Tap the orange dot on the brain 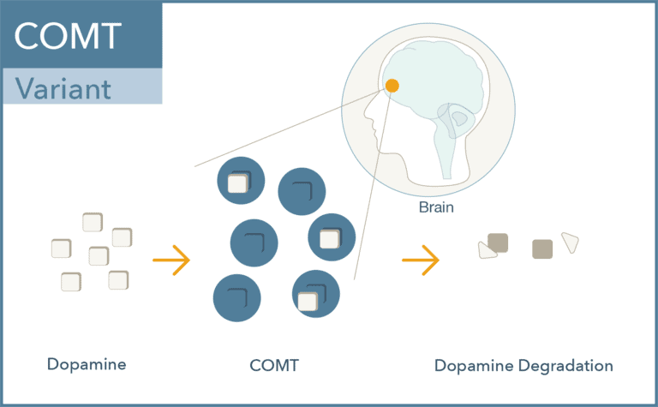[392, 86]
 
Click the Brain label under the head [436, 207]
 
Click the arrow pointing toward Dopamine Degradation [420, 260]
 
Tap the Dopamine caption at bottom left [87, 364]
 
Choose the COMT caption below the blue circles [274, 365]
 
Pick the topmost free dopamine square [93, 223]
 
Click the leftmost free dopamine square [62, 248]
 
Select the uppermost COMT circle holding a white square [239, 181]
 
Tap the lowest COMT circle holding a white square [315, 294]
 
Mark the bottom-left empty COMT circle [236, 298]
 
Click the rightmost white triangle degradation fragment [570, 242]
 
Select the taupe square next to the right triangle [541, 248]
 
